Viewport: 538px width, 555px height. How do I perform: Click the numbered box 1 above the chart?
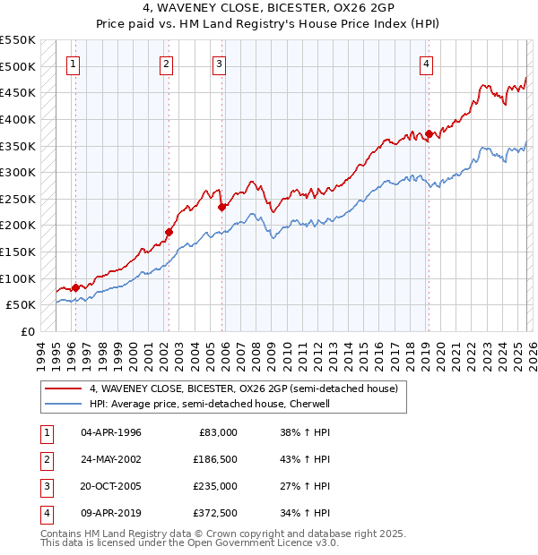click(72, 64)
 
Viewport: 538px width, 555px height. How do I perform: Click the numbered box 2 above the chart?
click(167, 64)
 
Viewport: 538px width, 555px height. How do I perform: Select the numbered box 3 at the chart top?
click(219, 64)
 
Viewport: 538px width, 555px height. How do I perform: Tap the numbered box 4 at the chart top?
click(427, 64)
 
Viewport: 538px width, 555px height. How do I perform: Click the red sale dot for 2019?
click(429, 134)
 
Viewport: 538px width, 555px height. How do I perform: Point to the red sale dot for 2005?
click(221, 207)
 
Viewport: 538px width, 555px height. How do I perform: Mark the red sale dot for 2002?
click(169, 232)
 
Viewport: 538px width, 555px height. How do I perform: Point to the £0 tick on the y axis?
click(28, 331)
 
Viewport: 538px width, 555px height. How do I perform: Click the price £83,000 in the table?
click(216, 432)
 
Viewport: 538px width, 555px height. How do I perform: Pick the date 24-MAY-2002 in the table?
click(111, 459)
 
